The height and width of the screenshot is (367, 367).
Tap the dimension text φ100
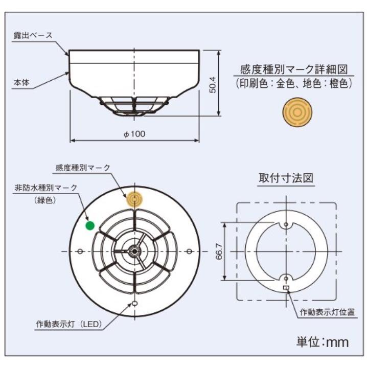pos(134,134)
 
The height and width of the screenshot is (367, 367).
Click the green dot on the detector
pos(90,224)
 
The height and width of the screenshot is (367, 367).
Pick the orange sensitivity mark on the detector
pos(135,199)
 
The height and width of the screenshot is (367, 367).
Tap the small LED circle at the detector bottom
pos(135,303)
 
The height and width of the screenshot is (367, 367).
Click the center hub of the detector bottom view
pos(134,250)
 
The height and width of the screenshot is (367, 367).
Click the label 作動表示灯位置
pos(327,311)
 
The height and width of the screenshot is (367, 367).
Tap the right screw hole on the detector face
pos(189,250)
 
